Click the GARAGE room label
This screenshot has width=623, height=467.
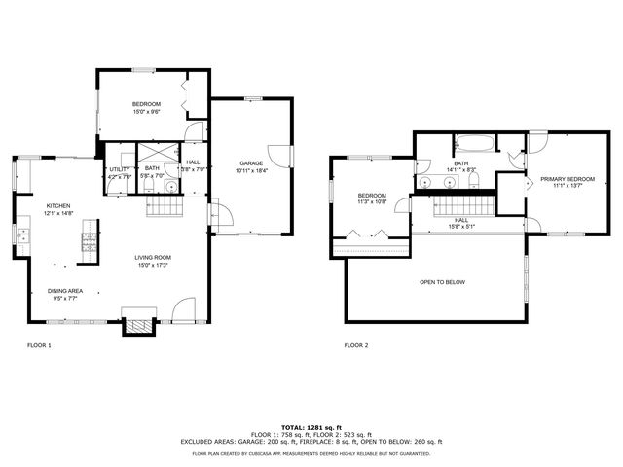click(250, 162)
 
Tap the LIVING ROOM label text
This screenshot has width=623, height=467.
click(155, 258)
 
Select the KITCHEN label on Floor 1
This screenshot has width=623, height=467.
click(59, 205)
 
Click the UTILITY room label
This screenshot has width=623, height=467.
click(120, 169)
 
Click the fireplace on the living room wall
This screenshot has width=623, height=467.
click(137, 325)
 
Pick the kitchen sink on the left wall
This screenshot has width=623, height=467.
click(22, 234)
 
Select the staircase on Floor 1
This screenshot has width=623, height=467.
click(165, 206)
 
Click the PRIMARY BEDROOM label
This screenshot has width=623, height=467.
click(568, 179)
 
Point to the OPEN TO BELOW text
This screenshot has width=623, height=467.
click(442, 282)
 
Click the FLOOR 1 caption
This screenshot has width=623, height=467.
click(39, 345)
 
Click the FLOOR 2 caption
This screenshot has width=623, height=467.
click(356, 345)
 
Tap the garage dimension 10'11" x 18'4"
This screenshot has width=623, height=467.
click(250, 170)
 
